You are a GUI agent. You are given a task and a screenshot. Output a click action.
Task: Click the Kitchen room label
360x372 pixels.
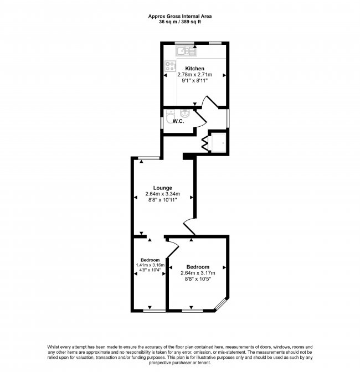point(194,69)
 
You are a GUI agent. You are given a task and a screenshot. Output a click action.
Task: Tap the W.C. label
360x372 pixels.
point(178,121)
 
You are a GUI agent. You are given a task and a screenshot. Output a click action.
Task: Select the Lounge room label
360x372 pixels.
point(163,188)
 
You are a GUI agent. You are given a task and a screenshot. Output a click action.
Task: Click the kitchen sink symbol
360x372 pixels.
point(186,51)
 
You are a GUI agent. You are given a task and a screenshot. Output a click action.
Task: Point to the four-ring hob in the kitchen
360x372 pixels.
point(171,66)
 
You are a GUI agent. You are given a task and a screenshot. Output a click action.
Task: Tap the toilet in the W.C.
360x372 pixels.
point(170,117)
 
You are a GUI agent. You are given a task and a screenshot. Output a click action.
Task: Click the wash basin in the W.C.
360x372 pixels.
point(184,113)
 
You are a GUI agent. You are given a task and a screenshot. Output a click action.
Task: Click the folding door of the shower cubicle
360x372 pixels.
point(204,143)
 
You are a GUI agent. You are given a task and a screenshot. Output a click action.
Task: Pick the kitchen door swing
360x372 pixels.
point(210,101)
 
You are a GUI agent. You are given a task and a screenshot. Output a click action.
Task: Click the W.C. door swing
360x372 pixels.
point(200,120)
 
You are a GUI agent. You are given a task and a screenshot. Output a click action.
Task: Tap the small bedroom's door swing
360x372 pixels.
point(173,248)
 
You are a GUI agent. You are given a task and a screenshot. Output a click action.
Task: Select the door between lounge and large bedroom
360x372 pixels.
point(189,226)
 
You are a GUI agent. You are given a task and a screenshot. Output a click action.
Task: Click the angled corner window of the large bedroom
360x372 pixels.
point(220,304)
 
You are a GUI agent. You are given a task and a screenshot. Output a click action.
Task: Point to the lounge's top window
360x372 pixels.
point(149,158)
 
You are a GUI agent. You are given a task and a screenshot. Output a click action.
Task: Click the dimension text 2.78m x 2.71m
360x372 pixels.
point(194,75)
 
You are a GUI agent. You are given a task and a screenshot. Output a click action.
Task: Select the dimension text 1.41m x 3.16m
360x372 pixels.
point(150,265)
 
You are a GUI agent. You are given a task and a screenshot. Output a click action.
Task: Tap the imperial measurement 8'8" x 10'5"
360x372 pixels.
point(198,279)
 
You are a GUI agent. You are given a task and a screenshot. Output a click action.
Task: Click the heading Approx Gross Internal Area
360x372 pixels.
point(180,17)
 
